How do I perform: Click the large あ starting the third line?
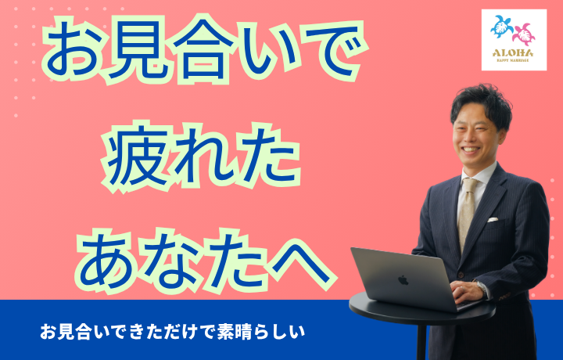pos(107,262)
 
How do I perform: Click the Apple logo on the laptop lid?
pos(403,280)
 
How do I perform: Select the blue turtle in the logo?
pos(502,27)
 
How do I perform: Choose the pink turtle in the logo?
pos(524,34)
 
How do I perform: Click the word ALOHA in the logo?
pos(513,53)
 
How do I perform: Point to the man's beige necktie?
pos(467,213)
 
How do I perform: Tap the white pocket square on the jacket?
pos(493,219)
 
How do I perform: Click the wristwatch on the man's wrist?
pos(481,288)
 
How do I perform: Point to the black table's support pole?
pos(421,340)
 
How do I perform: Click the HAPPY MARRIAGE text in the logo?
pos(513,60)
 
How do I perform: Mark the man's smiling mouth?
pos(471,149)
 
